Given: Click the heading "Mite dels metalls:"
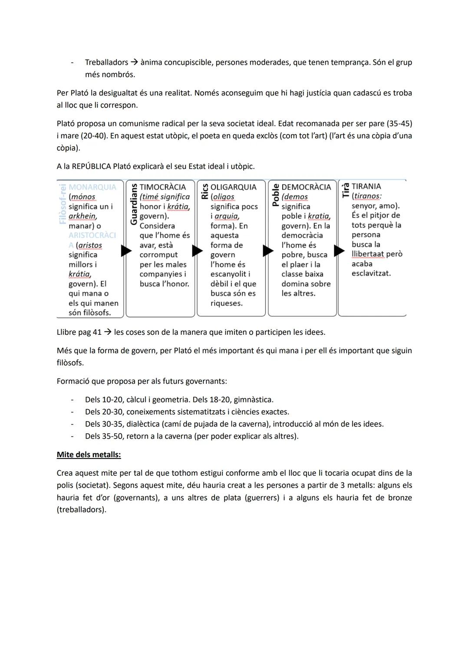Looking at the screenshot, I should [89, 455].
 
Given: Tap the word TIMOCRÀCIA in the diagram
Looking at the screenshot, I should [162, 187].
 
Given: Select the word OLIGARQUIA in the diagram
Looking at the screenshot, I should [233, 187].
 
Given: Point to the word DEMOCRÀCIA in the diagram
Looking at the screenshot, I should [306, 187].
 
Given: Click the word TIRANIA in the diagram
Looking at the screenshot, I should [366, 186].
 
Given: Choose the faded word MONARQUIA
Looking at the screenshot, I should [92, 187].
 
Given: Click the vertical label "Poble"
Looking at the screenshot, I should [275, 194].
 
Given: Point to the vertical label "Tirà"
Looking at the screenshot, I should [346, 190].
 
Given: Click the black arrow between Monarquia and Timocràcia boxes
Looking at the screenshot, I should [126, 251].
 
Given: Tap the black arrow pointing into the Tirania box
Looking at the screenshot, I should [339, 251].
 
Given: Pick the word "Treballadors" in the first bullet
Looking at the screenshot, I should [106, 63].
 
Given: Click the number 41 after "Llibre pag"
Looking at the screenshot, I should [97, 332].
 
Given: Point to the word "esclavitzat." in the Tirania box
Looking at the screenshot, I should [371, 274].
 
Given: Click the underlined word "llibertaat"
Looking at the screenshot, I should [367, 254].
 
